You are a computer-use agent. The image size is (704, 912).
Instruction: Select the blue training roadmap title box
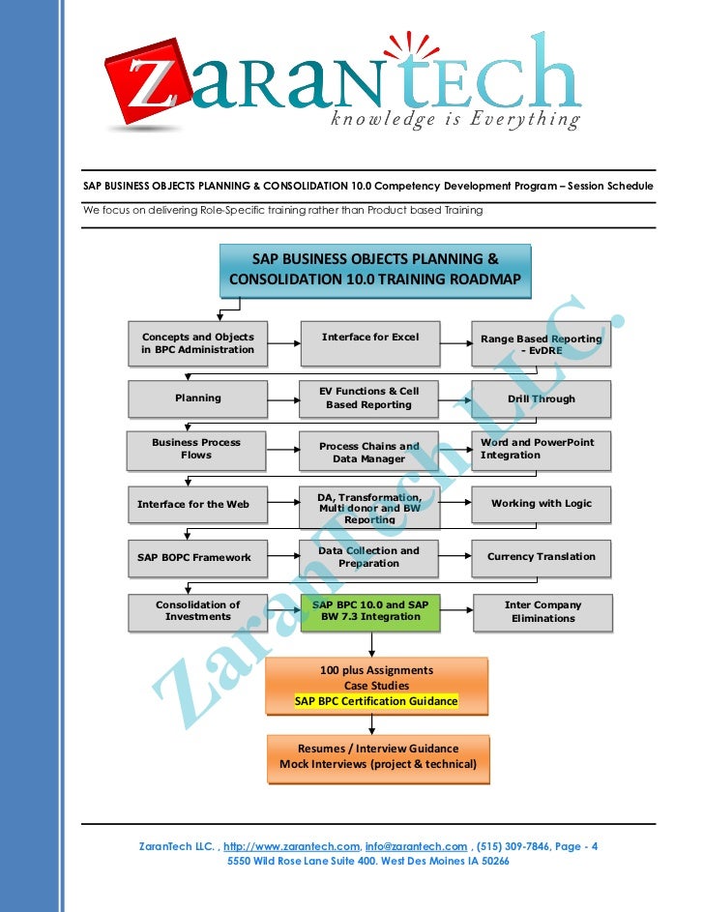coord(375,270)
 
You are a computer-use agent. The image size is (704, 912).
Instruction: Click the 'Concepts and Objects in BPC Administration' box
coord(198,343)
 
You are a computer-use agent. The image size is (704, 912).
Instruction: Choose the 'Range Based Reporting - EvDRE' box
coord(541,345)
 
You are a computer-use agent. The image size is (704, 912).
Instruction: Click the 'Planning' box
coord(198,397)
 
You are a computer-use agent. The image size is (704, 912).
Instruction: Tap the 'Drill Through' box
coord(541,398)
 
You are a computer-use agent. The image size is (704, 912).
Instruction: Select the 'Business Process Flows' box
coord(196,449)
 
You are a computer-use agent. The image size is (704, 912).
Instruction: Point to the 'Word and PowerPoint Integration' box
coord(541,449)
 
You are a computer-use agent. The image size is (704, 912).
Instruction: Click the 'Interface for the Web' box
coord(193,504)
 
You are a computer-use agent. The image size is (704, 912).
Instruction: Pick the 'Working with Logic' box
coord(541,503)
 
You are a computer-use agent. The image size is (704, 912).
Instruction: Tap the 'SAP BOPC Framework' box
coord(194,557)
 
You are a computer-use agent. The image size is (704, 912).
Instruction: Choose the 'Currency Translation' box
coord(541,557)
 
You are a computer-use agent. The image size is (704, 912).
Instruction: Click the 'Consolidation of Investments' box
coord(198,610)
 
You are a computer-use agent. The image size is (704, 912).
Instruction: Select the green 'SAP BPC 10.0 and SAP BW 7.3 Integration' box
coord(370,610)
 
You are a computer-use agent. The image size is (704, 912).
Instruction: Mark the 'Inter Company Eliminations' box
coord(543,611)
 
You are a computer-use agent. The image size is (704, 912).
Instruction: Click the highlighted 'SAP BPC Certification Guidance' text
coord(376,701)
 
